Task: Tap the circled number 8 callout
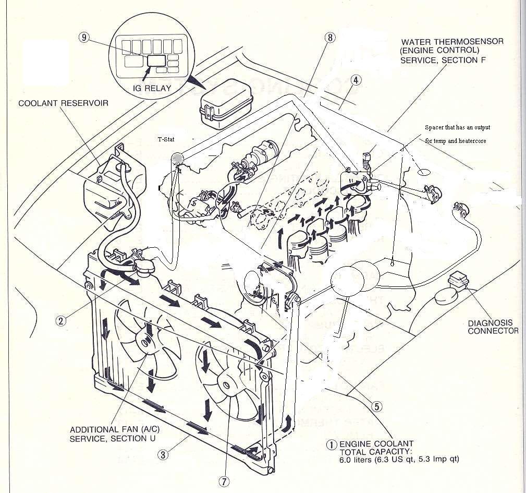point(328,37)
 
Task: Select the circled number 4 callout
point(356,80)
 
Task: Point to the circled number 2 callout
point(62,321)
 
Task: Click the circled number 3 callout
point(163,454)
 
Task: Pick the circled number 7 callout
point(224,482)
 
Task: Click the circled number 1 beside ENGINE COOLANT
point(331,444)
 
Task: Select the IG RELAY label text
point(152,88)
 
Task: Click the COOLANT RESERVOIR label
point(64,103)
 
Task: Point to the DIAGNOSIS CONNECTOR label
point(493,327)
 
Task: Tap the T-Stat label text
point(166,140)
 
